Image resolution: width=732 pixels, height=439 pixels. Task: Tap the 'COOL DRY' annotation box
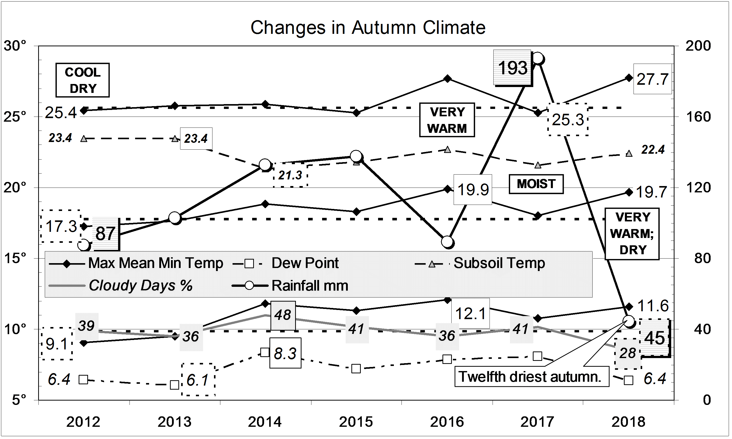click(82, 80)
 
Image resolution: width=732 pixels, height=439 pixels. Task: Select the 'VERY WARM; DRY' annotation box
click(632, 234)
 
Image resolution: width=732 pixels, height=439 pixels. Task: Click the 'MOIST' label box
click(536, 184)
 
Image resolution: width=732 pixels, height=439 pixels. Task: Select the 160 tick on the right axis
click(698, 117)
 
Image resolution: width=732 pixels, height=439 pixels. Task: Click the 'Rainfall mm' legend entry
click(309, 286)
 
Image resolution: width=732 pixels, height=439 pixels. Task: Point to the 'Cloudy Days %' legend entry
click(141, 286)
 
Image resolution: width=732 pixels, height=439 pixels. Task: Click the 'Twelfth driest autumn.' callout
click(531, 377)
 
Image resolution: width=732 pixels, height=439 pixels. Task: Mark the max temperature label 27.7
click(652, 79)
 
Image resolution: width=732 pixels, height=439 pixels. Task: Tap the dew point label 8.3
click(285, 353)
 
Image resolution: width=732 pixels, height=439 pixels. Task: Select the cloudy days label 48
click(283, 315)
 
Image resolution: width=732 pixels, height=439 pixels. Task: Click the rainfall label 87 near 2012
click(105, 234)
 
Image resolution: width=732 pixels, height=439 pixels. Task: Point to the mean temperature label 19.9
click(473, 190)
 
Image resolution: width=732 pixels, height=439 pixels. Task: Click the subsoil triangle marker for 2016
click(448, 150)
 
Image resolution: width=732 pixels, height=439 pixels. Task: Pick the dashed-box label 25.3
click(568, 120)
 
